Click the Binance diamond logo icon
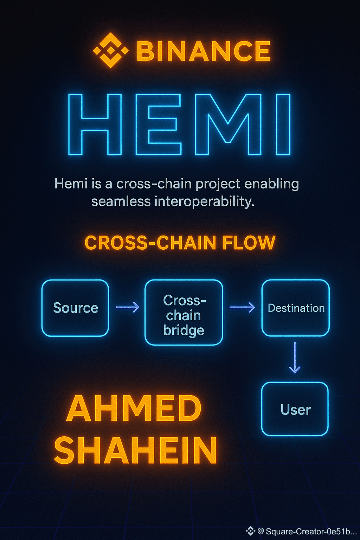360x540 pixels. pos(110,50)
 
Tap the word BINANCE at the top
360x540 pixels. pos(203,51)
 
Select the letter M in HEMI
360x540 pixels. pos(228,124)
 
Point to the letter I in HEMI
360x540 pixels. pos(283,124)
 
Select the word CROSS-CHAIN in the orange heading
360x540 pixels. pos(150,243)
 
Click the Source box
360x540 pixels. pos(75,308)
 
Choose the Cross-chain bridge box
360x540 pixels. pos(184,313)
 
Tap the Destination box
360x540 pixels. pos(296,308)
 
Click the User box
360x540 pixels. pos(295,409)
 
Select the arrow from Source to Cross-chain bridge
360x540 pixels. pos(128,308)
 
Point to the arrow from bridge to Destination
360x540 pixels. pos(242,307)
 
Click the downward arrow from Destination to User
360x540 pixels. pos(295,357)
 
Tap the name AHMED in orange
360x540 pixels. pos(134,409)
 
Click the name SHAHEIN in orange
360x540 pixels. pos(136,450)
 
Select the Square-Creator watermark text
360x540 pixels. pos(311,531)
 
